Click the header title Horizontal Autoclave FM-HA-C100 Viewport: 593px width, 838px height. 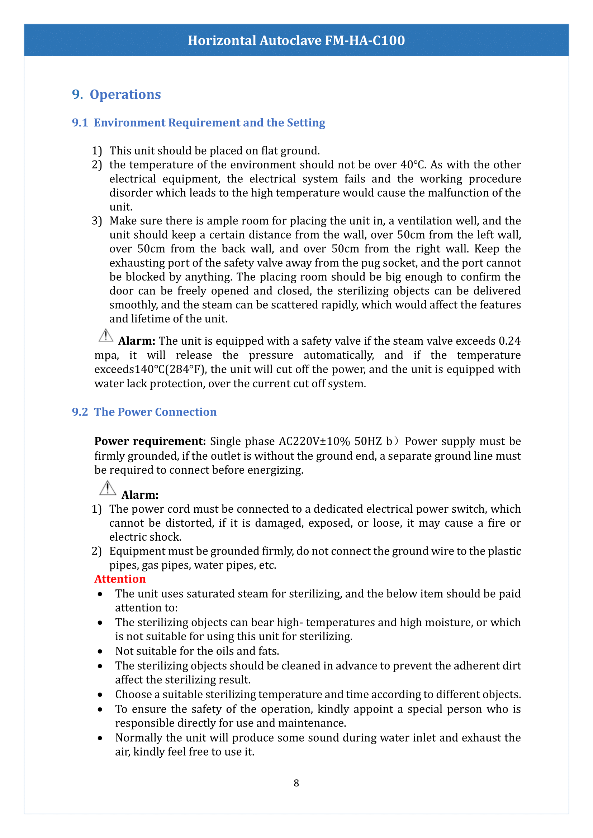click(296, 40)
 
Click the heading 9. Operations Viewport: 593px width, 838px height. click(116, 95)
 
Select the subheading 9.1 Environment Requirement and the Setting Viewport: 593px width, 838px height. click(198, 123)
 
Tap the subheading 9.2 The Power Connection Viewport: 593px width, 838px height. click(144, 412)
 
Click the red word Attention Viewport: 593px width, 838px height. click(120, 579)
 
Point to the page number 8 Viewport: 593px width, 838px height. click(296, 782)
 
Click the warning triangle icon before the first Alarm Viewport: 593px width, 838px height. click(106, 335)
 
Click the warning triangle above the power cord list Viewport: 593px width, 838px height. click(107, 488)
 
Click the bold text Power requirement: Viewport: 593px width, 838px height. click(150, 441)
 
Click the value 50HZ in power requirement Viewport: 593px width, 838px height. click(368, 441)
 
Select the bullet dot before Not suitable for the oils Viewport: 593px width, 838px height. click(100, 651)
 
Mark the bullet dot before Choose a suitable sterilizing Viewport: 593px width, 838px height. click(100, 695)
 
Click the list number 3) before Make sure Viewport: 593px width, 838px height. click(97, 221)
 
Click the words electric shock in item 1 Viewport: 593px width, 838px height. click(145, 537)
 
